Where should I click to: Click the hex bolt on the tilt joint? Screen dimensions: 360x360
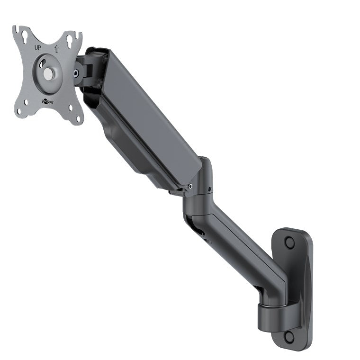[x=76, y=73]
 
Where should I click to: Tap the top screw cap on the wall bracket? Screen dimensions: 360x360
[x=289, y=242]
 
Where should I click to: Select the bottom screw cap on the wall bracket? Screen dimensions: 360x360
[x=289, y=337]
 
